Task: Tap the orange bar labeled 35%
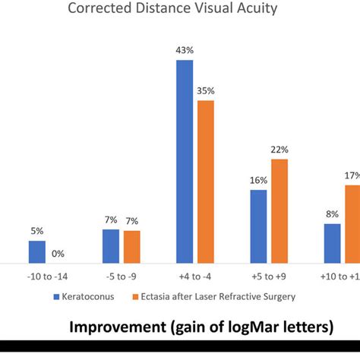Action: coord(206,182)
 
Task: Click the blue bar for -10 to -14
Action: coord(37,251)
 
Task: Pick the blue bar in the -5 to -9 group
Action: coord(111,246)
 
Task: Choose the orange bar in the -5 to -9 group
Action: coord(132,247)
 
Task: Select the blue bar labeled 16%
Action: coord(258,226)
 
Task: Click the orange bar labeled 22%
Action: coord(279,210)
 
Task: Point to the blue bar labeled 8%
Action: coord(332,243)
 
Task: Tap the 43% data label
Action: coord(185,49)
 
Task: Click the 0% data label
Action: coord(58,253)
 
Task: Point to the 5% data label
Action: coord(37,230)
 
